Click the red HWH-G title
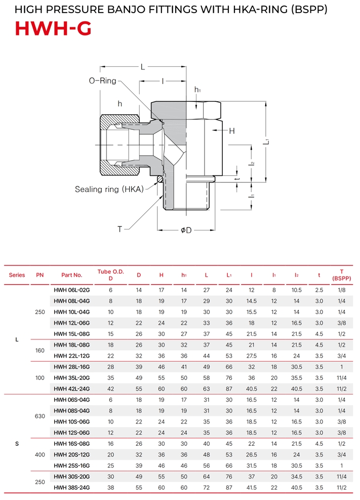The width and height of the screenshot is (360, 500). pyautogui.click(x=53, y=28)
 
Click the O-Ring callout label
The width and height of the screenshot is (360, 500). pyautogui.click(x=103, y=81)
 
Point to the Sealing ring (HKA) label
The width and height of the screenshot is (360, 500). pyautogui.click(x=109, y=189)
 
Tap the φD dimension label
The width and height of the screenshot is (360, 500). pyautogui.click(x=186, y=230)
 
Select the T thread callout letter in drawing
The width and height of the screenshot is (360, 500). pyautogui.click(x=120, y=229)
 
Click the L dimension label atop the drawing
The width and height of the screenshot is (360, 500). pyautogui.click(x=143, y=67)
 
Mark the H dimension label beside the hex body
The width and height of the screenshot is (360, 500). pyautogui.click(x=231, y=131)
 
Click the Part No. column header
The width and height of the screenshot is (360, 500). pyautogui.click(x=72, y=275)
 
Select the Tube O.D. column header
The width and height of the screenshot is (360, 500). pyautogui.click(x=110, y=275)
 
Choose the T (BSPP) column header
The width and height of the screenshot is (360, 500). pyautogui.click(x=342, y=275)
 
